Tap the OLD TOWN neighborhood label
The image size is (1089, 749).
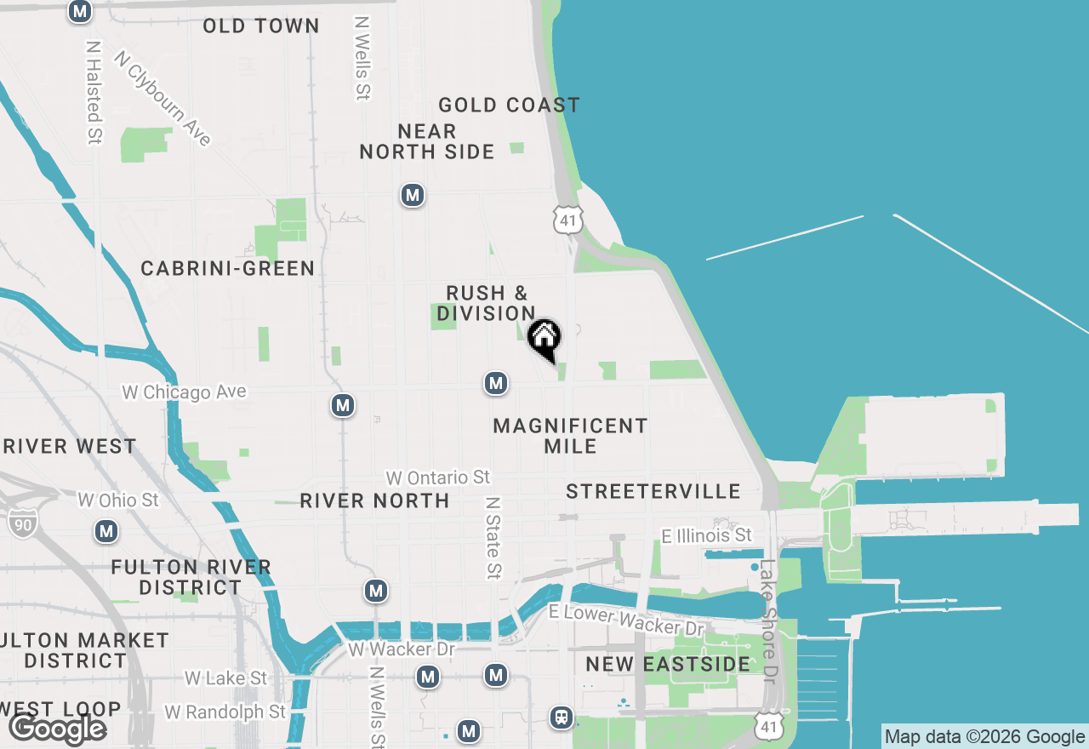click(x=261, y=26)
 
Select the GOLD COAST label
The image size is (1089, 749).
click(x=509, y=105)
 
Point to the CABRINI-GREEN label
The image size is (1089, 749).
click(x=228, y=268)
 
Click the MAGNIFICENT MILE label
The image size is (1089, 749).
click(x=570, y=435)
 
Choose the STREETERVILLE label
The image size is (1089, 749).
click(x=653, y=491)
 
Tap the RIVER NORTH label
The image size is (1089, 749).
click(x=374, y=500)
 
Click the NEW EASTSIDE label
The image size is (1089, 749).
click(x=668, y=664)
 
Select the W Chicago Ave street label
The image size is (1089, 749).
click(x=185, y=392)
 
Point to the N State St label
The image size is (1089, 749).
click(x=493, y=538)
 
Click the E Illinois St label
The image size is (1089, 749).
click(x=707, y=535)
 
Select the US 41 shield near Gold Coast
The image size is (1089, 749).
click(x=567, y=220)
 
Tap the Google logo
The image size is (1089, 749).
click(x=57, y=729)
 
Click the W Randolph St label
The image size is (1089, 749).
click(x=225, y=712)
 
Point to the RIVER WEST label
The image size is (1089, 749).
click(x=68, y=446)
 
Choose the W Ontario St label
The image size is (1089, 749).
click(x=438, y=477)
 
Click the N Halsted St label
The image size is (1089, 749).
click(x=94, y=92)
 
